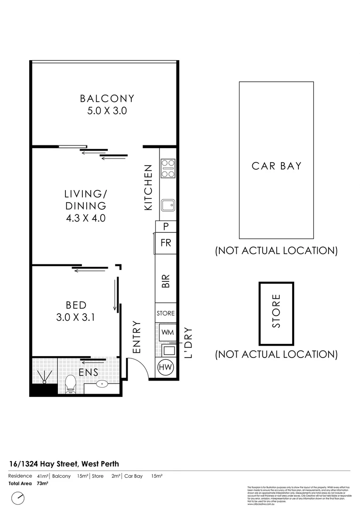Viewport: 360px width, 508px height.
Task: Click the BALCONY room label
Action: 107,99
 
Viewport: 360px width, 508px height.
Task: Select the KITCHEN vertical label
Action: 148,187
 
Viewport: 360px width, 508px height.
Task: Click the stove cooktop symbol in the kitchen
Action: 168,168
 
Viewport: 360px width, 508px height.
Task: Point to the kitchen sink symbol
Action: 168,205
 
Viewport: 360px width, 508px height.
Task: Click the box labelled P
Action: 166,227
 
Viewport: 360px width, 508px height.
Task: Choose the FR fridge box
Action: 166,243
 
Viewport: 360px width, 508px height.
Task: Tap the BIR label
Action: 166,281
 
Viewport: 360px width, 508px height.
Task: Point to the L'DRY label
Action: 189,343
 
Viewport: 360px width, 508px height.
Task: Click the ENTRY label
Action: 137,337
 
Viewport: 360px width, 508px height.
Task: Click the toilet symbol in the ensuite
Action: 71,384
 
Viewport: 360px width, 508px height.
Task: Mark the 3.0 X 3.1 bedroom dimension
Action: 75,317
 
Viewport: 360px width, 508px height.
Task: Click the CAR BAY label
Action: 276,166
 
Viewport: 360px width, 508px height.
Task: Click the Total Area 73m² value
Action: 42,483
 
